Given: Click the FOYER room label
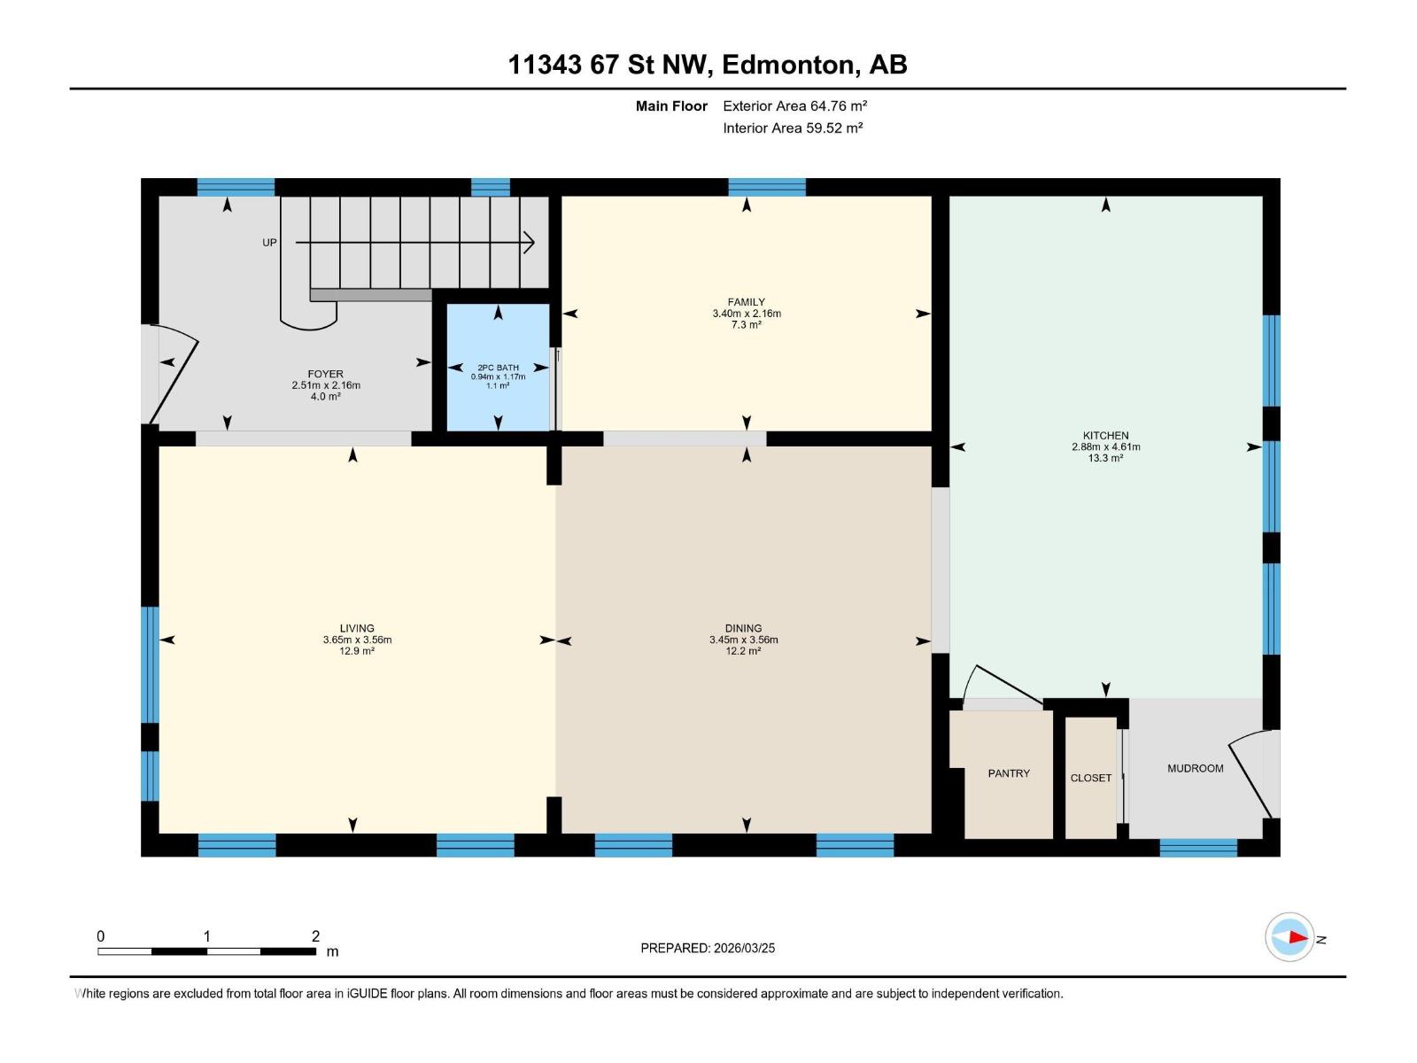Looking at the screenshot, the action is [325, 374].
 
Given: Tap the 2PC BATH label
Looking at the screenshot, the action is [498, 368].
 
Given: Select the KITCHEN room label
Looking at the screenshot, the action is [1105, 436].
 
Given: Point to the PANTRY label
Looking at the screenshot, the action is [1009, 773].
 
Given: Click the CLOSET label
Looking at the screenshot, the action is [1090, 778].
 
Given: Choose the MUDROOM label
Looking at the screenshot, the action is [1195, 768].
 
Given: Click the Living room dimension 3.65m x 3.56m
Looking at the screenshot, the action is [357, 640].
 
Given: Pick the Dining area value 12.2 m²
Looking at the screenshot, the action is [743, 650].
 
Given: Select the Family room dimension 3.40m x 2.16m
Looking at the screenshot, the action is [747, 313].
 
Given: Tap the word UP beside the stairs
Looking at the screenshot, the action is [269, 243].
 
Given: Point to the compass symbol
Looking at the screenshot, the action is [1289, 937].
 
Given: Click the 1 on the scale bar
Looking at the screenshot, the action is [206, 935].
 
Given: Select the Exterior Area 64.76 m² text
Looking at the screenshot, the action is [794, 105].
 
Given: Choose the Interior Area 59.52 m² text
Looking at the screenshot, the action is [793, 128].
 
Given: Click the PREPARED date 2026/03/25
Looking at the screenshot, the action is [744, 948].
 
